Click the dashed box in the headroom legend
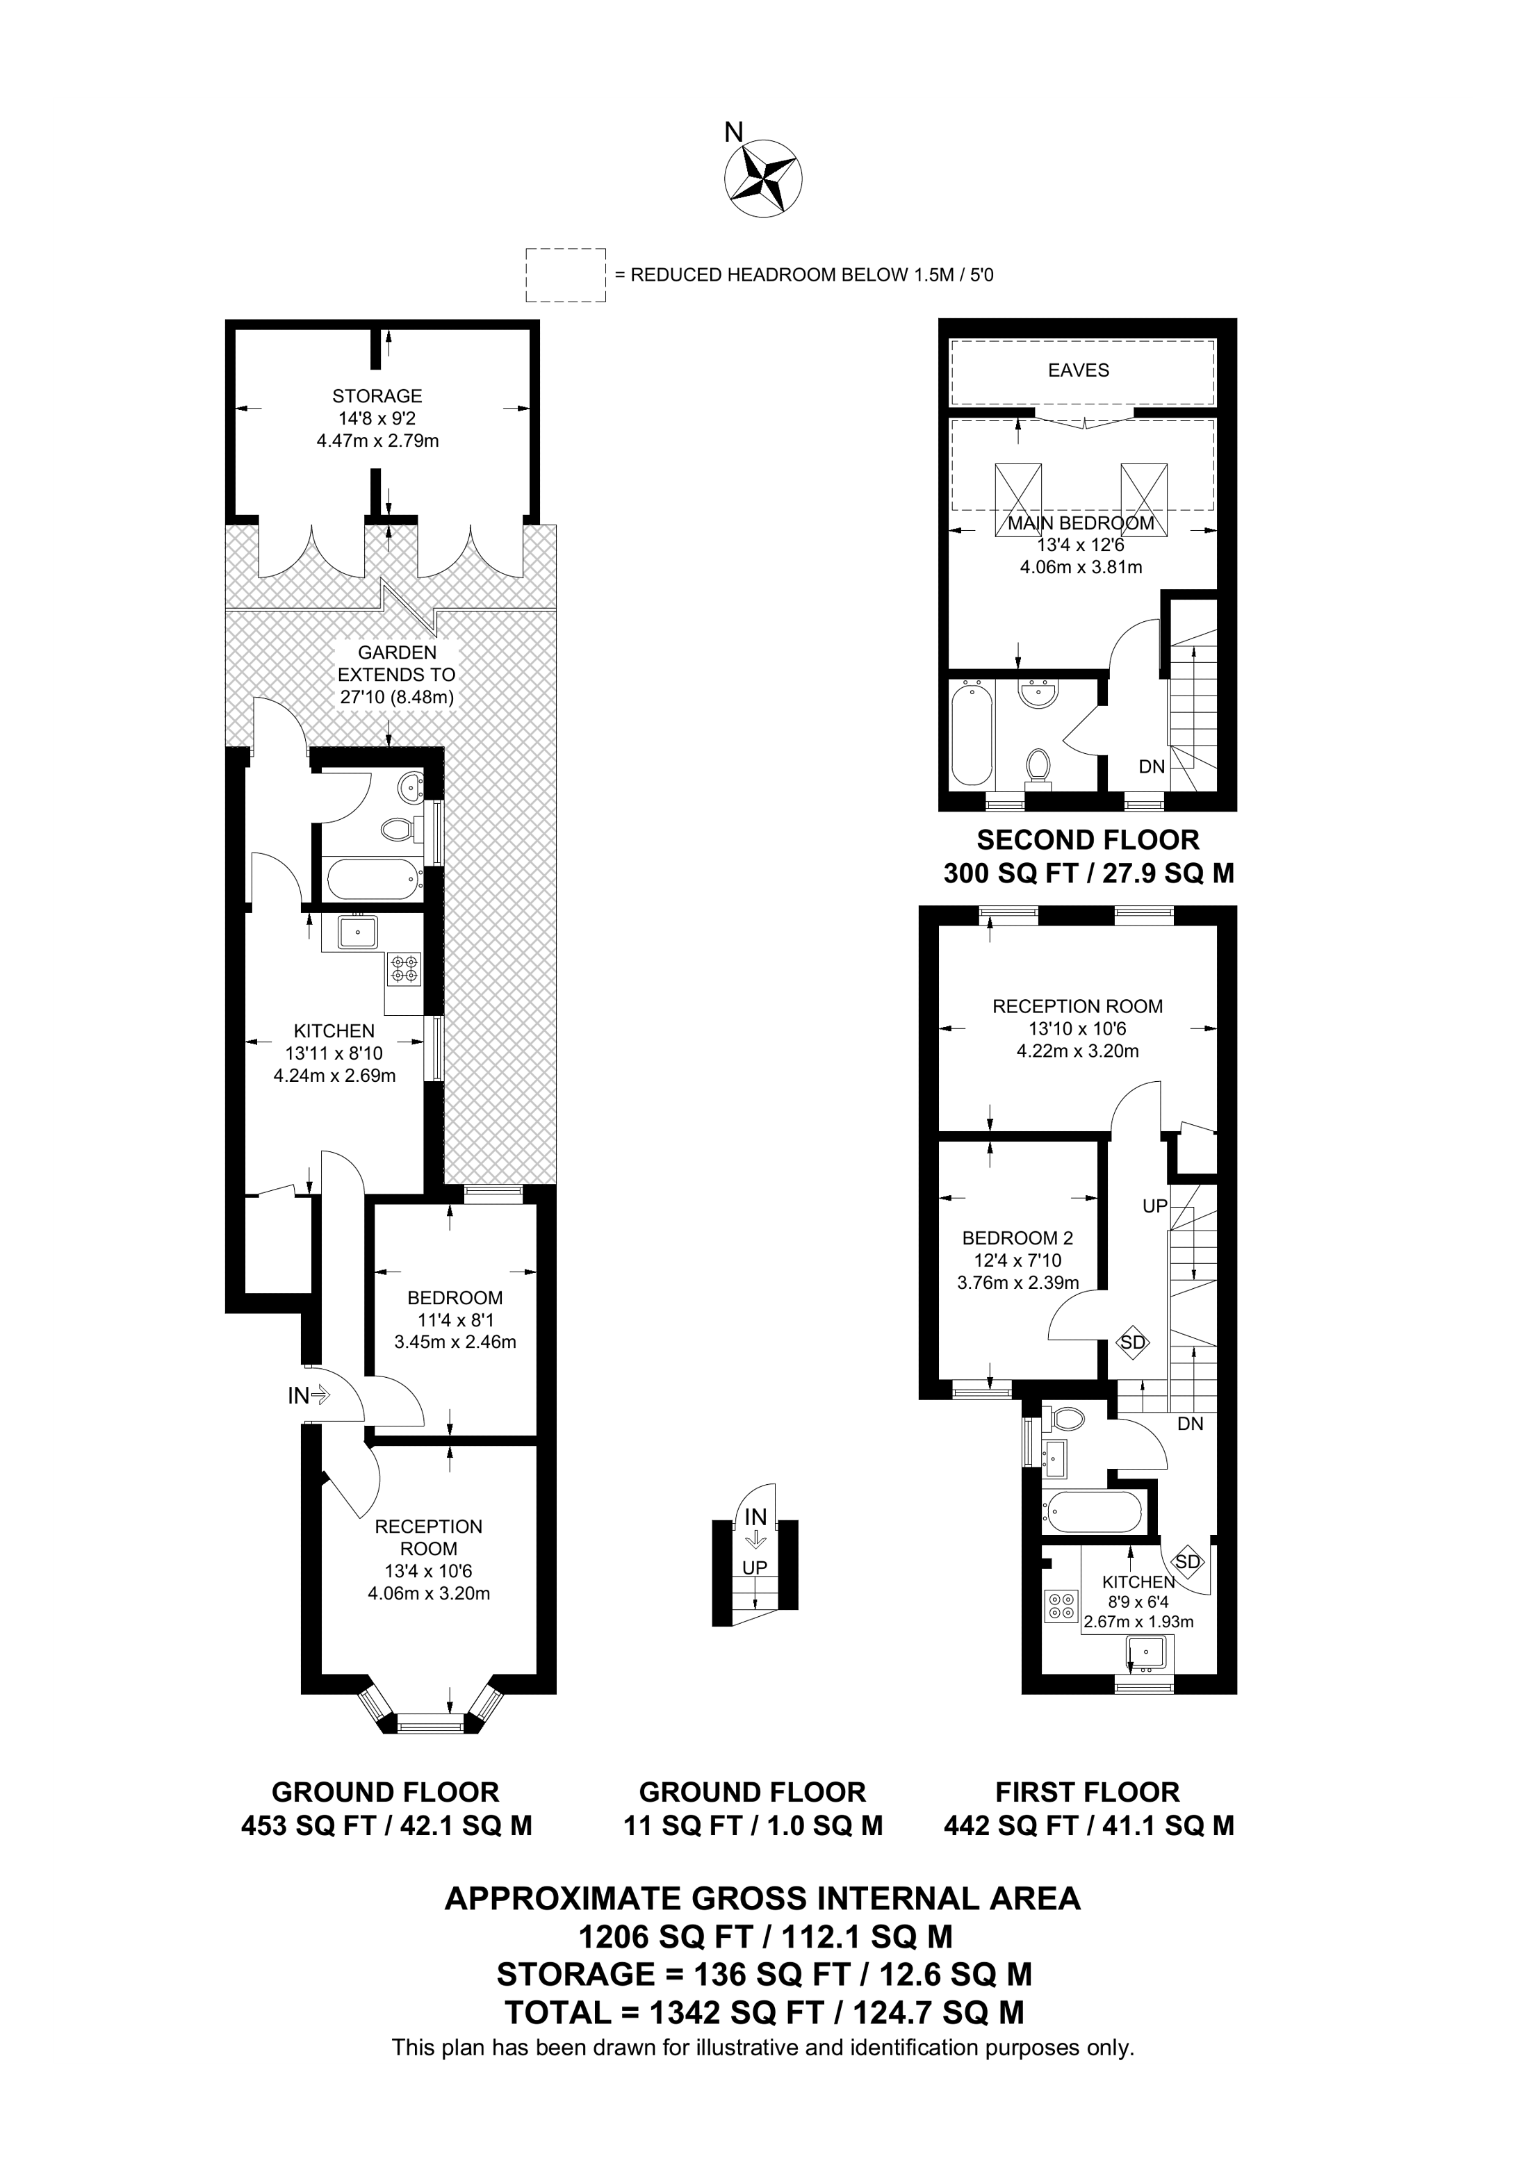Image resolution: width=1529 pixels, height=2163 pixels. pos(565,275)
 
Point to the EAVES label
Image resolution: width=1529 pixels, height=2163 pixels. pos(1079,371)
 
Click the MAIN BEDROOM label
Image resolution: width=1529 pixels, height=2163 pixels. pos(1081,523)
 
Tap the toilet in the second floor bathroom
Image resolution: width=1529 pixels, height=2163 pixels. pos(1039,765)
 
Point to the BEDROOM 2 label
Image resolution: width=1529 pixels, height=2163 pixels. pos(1017,1238)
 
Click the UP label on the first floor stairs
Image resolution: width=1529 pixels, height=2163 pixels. pos(1155,1206)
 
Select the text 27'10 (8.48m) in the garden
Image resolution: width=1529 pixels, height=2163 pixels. pos(397,698)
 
